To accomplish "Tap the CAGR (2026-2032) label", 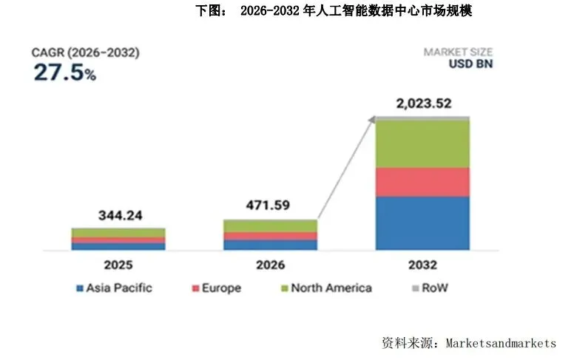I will [x=85, y=52].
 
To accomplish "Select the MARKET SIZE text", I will [x=458, y=52].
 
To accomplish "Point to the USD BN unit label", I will [x=470, y=64].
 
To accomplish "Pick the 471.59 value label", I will [x=271, y=205].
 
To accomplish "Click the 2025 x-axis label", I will [x=118, y=264].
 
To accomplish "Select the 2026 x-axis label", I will [x=271, y=264].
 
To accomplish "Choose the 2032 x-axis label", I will [x=422, y=264].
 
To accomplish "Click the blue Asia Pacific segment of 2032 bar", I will [x=422, y=223].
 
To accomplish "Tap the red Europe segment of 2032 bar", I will [x=422, y=182].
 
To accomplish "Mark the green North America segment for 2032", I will [x=422, y=143].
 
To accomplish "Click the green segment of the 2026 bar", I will [x=271, y=225].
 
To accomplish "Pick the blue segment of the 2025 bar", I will [x=118, y=247].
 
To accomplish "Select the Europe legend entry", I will [x=216, y=288].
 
